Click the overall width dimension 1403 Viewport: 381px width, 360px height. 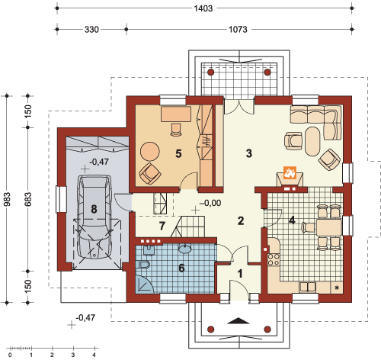pyautogui.click(x=203, y=8)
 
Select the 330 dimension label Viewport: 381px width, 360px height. pyautogui.click(x=91, y=30)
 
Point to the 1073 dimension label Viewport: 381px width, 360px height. pyautogui.click(x=238, y=30)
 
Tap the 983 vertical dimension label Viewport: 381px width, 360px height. pyautogui.click(x=7, y=199)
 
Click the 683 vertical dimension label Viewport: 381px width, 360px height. pyautogui.click(x=28, y=199)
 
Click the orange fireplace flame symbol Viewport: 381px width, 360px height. pyautogui.click(x=290, y=172)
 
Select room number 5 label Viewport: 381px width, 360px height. pyautogui.click(x=178, y=153)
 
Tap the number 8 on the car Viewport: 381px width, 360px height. pyautogui.click(x=94, y=209)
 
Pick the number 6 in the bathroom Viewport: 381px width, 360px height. pyautogui.click(x=181, y=268)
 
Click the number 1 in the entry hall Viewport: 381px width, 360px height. pyautogui.click(x=240, y=274)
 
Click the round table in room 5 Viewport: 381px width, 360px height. pyautogui.click(x=150, y=151)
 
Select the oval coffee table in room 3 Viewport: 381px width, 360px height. pyautogui.click(x=313, y=141)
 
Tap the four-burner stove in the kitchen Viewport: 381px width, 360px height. pyautogui.click(x=274, y=259)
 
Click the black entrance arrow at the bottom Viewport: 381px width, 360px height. pyautogui.click(x=239, y=321)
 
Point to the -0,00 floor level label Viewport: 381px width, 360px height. pyautogui.click(x=210, y=203)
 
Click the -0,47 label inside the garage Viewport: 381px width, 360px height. pyautogui.click(x=99, y=162)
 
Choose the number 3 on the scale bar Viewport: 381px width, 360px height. pyautogui.click(x=73, y=355)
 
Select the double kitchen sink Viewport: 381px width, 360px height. pyautogui.click(x=308, y=287)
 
